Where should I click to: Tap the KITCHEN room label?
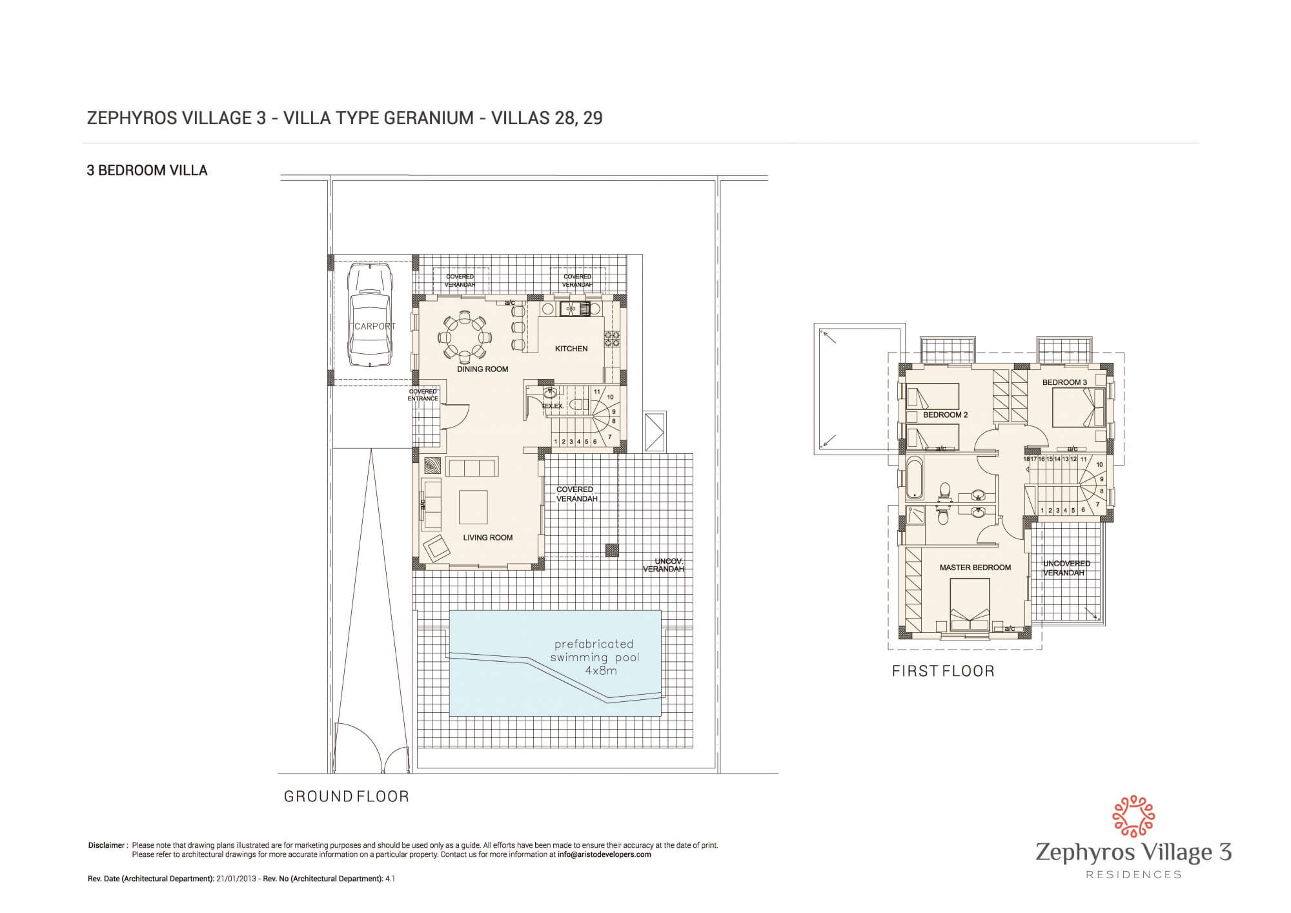[x=571, y=349]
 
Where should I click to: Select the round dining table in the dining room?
[x=465, y=336]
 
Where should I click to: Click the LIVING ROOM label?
[x=487, y=537]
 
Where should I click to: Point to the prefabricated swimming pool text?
[x=594, y=657]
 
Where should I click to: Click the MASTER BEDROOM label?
[x=975, y=568]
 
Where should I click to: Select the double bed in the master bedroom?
[x=970, y=604]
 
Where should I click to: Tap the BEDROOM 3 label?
[x=1064, y=382]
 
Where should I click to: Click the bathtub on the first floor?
[x=915, y=477]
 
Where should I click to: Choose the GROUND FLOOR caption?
[x=347, y=797]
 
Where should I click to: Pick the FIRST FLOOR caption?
[x=943, y=672]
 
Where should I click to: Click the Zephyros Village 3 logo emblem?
[x=1133, y=816]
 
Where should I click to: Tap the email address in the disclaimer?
[x=604, y=854]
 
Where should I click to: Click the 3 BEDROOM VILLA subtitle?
[x=147, y=170]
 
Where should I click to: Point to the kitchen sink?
[x=574, y=309]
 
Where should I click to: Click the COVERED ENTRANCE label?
[x=423, y=395]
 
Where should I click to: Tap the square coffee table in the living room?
[x=473, y=507]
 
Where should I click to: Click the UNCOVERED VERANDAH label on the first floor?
[x=1066, y=568]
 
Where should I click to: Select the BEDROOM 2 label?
[x=945, y=415]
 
